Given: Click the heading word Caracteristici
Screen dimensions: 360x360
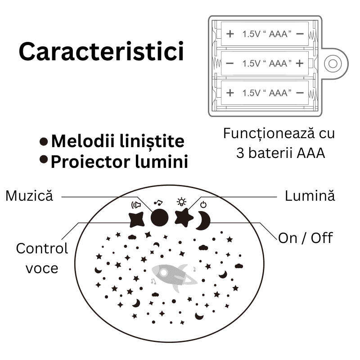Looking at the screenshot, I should (101, 52).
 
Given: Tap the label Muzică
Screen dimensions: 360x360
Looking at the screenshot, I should (29, 196).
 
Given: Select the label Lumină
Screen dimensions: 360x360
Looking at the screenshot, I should (310, 196).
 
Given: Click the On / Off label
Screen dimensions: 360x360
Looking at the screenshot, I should (306, 237).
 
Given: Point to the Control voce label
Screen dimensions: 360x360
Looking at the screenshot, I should (42, 258).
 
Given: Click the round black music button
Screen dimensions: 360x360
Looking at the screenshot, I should (159, 217).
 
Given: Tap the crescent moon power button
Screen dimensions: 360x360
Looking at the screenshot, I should (203, 220).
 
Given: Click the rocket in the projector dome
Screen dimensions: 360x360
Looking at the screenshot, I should (173, 277).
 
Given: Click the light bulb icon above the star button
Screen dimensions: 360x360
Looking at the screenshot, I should (181, 202).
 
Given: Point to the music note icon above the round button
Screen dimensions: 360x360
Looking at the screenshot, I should (158, 202).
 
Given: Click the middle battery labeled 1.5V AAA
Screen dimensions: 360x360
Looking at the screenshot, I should (265, 63).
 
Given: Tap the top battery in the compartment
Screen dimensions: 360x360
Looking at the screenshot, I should (265, 34).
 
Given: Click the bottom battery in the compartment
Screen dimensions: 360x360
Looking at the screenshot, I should (265, 93).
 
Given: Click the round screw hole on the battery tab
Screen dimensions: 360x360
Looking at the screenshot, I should (333, 63).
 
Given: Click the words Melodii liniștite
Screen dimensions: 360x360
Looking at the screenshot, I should (117, 141).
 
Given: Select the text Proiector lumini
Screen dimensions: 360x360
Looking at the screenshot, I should (119, 162).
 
